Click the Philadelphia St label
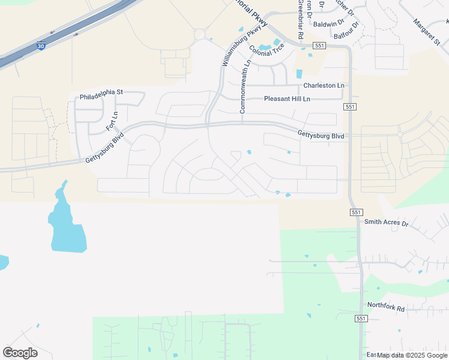click(101, 92)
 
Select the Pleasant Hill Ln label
click(287, 99)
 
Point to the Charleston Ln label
click(324, 86)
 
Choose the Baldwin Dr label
click(328, 24)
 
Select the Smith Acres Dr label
click(386, 223)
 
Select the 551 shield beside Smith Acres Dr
click(356, 212)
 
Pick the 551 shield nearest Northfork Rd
click(360, 319)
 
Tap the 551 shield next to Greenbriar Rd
click(319, 46)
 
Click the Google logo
click(20, 353)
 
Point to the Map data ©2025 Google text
click(412, 355)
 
